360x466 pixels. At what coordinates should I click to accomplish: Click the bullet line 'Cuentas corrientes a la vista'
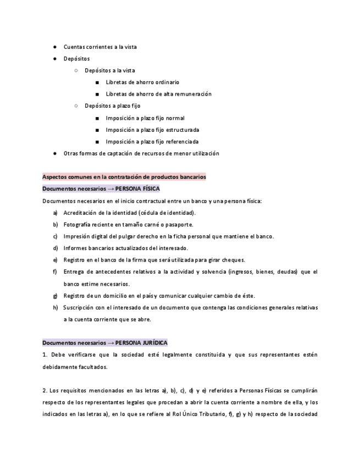pyautogui.click(x=100, y=47)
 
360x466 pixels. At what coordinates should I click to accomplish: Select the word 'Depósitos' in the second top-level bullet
pyautogui.click(x=76, y=59)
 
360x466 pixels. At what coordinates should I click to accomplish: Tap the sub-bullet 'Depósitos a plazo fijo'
pyautogui.click(x=112, y=106)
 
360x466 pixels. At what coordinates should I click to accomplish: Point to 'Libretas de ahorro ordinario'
pyautogui.click(x=142, y=82)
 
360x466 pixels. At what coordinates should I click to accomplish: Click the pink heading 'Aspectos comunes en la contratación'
pyautogui.click(x=124, y=177)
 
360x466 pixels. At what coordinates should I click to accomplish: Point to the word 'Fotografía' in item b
pyautogui.click(x=78, y=224)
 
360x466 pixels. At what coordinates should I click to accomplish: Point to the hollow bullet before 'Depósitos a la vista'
pyautogui.click(x=76, y=70)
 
